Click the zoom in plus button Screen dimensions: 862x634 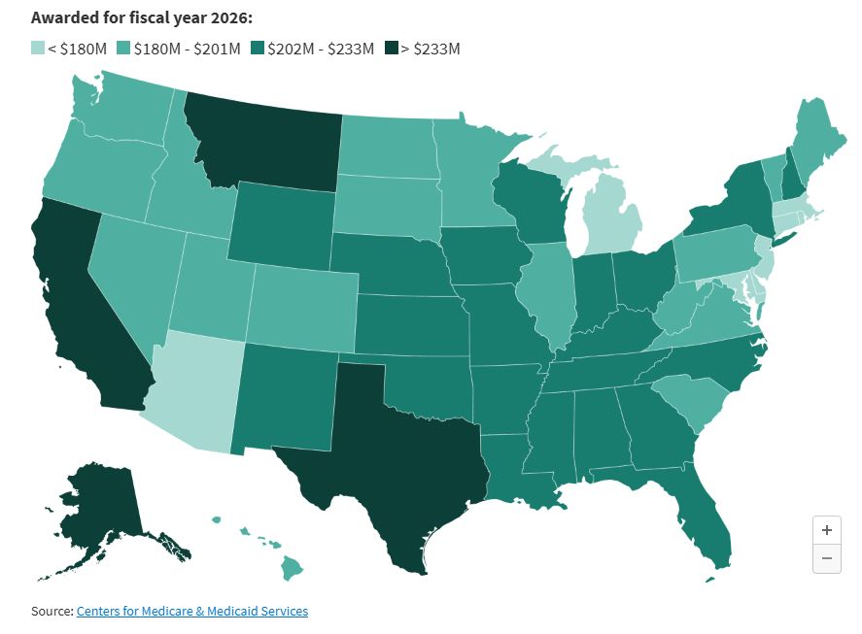click(826, 530)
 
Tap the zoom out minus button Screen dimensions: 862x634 click(826, 558)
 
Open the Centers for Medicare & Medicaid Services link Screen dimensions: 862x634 click(191, 611)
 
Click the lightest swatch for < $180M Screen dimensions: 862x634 click(37, 48)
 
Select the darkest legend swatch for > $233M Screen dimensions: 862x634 click(391, 48)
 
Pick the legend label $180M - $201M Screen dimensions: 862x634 click(187, 49)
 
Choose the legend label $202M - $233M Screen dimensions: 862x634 click(321, 49)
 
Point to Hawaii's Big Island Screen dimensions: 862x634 click(292, 568)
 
